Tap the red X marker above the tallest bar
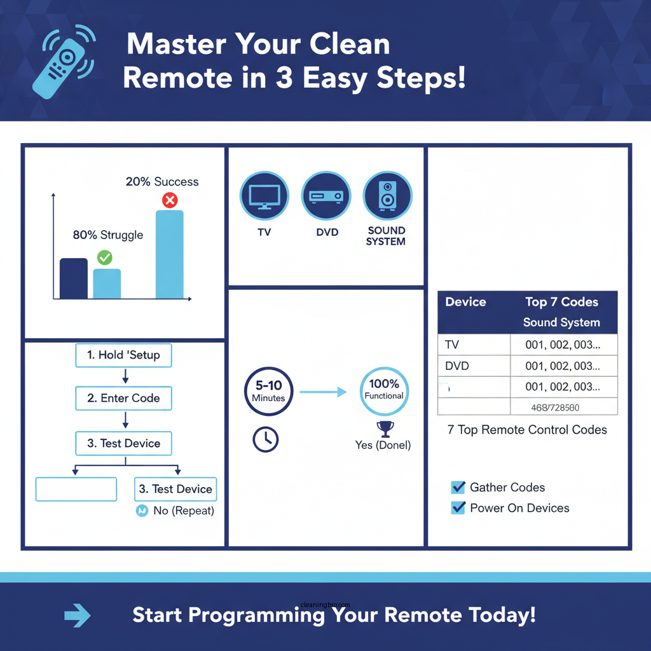(170, 201)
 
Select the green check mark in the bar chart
(104, 257)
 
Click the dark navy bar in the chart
(74, 278)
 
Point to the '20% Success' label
(162, 182)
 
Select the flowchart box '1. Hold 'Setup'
(124, 355)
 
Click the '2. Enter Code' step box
(124, 399)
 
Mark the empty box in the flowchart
(76, 490)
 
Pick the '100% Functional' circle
(384, 390)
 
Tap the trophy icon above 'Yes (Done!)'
(385, 428)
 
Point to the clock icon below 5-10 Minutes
(265, 439)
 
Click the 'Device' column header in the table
(466, 303)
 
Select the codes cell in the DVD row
(563, 366)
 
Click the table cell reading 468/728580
(563, 408)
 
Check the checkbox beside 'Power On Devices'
(458, 508)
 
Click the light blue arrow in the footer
(78, 615)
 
